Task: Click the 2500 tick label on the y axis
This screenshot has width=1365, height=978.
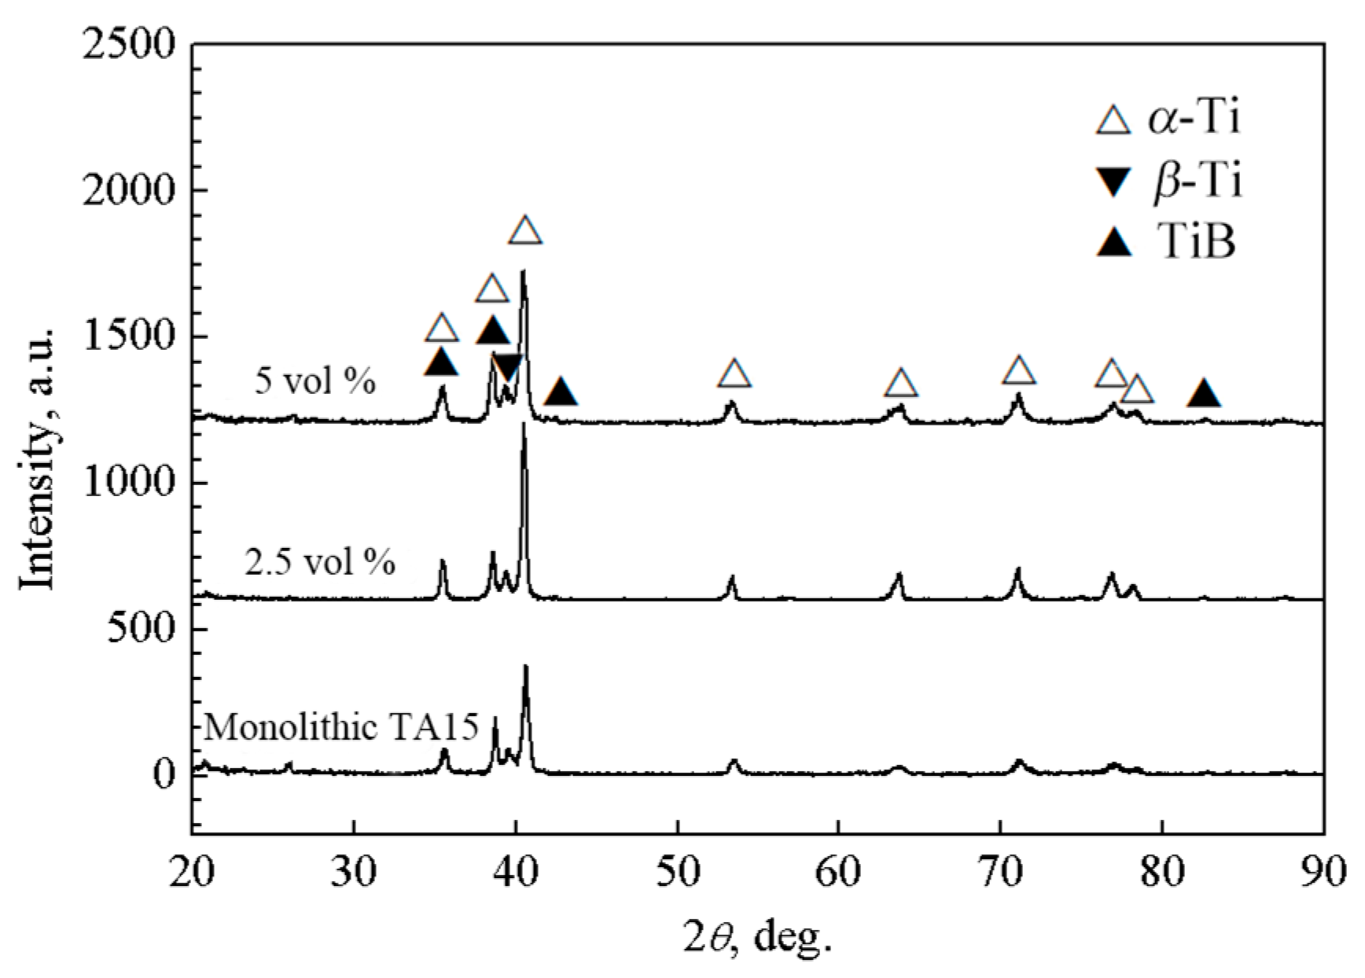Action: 127,45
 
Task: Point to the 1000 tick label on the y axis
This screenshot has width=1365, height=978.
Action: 127,483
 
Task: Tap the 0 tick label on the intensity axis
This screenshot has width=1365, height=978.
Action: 164,774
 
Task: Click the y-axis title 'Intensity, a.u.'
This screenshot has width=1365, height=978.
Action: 37,456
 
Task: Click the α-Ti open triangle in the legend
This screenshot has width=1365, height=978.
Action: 1114,120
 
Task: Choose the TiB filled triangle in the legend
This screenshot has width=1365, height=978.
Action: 1114,243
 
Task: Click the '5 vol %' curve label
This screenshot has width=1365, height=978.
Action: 315,382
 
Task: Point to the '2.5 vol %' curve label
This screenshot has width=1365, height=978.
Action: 320,563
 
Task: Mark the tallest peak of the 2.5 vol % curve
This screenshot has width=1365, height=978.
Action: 524,426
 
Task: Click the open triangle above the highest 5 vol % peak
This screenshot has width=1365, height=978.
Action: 525,231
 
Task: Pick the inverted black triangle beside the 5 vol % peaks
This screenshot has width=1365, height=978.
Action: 507,366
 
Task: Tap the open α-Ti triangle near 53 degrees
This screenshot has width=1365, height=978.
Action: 734,374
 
